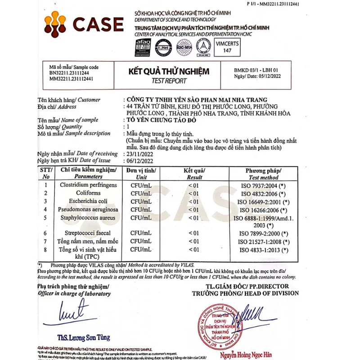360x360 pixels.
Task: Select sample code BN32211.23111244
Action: [69, 73]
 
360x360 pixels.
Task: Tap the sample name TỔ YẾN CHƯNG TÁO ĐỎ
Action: [165, 120]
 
